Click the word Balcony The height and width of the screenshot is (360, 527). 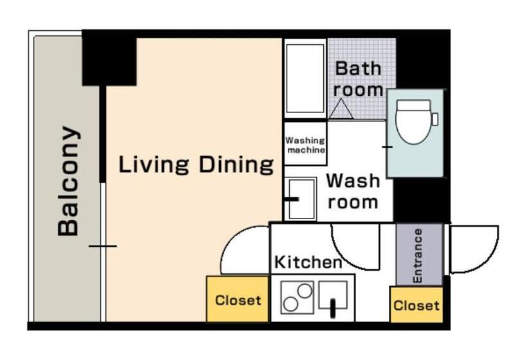pos(69,181)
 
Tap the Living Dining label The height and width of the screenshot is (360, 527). pos(196,165)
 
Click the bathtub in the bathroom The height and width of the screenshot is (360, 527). pos(305,78)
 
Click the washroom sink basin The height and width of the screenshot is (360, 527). pos(301,199)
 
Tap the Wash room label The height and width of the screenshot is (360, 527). pos(353,191)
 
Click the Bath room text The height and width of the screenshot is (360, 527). pos(358,79)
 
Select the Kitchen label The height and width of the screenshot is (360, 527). pos(308,262)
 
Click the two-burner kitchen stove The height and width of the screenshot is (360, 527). pos(297,298)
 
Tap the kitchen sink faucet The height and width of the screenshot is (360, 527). pos(333,308)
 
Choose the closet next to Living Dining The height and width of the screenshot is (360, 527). pos(238,299)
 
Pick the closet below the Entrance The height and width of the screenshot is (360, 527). pos(416,305)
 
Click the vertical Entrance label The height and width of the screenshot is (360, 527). pos(417,256)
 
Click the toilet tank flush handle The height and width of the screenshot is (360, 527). pos(435,120)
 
